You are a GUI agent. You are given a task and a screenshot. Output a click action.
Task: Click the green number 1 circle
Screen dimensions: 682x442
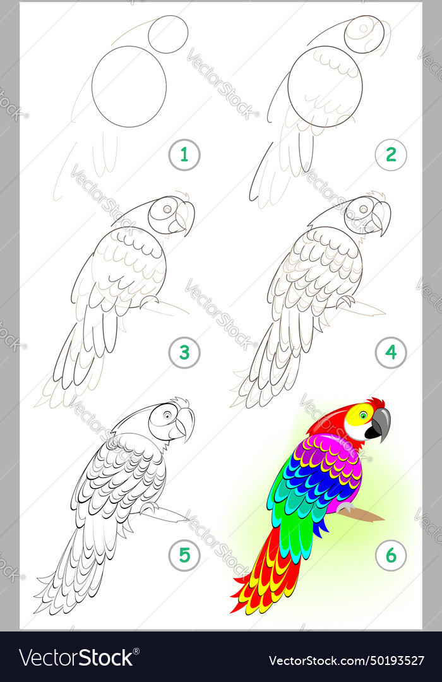[x=184, y=155]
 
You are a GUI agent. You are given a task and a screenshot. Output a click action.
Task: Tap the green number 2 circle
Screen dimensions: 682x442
[x=391, y=155]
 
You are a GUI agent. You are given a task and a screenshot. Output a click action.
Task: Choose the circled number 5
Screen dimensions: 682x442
[x=184, y=556]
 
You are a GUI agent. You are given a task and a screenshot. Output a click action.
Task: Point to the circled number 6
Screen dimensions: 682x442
[x=391, y=556]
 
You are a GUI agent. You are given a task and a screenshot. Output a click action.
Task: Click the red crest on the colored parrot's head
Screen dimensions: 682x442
[x=377, y=402]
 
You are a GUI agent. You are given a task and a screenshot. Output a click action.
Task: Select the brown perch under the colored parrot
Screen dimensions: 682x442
[x=366, y=515]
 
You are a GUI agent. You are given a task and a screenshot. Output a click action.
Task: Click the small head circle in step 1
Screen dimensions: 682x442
[x=168, y=34]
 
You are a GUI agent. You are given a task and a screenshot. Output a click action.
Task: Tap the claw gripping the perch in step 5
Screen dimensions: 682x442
[x=149, y=506]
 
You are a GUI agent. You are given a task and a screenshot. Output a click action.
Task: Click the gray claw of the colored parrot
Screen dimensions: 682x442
[x=345, y=507]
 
